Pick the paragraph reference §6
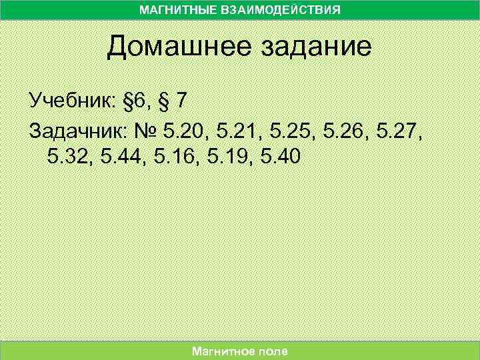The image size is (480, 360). click(x=135, y=102)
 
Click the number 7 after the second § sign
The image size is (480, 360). click(x=181, y=102)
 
